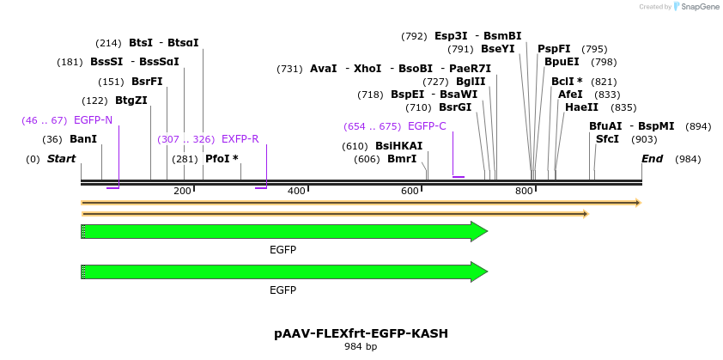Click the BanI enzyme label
[x=83, y=139]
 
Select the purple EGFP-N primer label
[x=93, y=120]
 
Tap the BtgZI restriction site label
[x=131, y=101]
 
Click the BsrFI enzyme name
[x=147, y=82]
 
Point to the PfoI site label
[x=222, y=159]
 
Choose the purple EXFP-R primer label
[x=240, y=139]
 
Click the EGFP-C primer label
[x=427, y=126]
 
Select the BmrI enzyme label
[x=402, y=159]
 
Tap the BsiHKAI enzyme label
[x=399, y=146]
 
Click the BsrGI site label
[x=455, y=107]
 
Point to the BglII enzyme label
[x=471, y=82]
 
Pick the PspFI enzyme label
[x=554, y=49]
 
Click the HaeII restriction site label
[x=581, y=107]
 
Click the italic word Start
[x=61, y=159]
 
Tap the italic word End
[x=652, y=159]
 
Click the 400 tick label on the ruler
[x=296, y=191]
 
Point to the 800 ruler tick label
[x=524, y=191]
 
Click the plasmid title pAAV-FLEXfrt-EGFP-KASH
[x=361, y=333]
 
